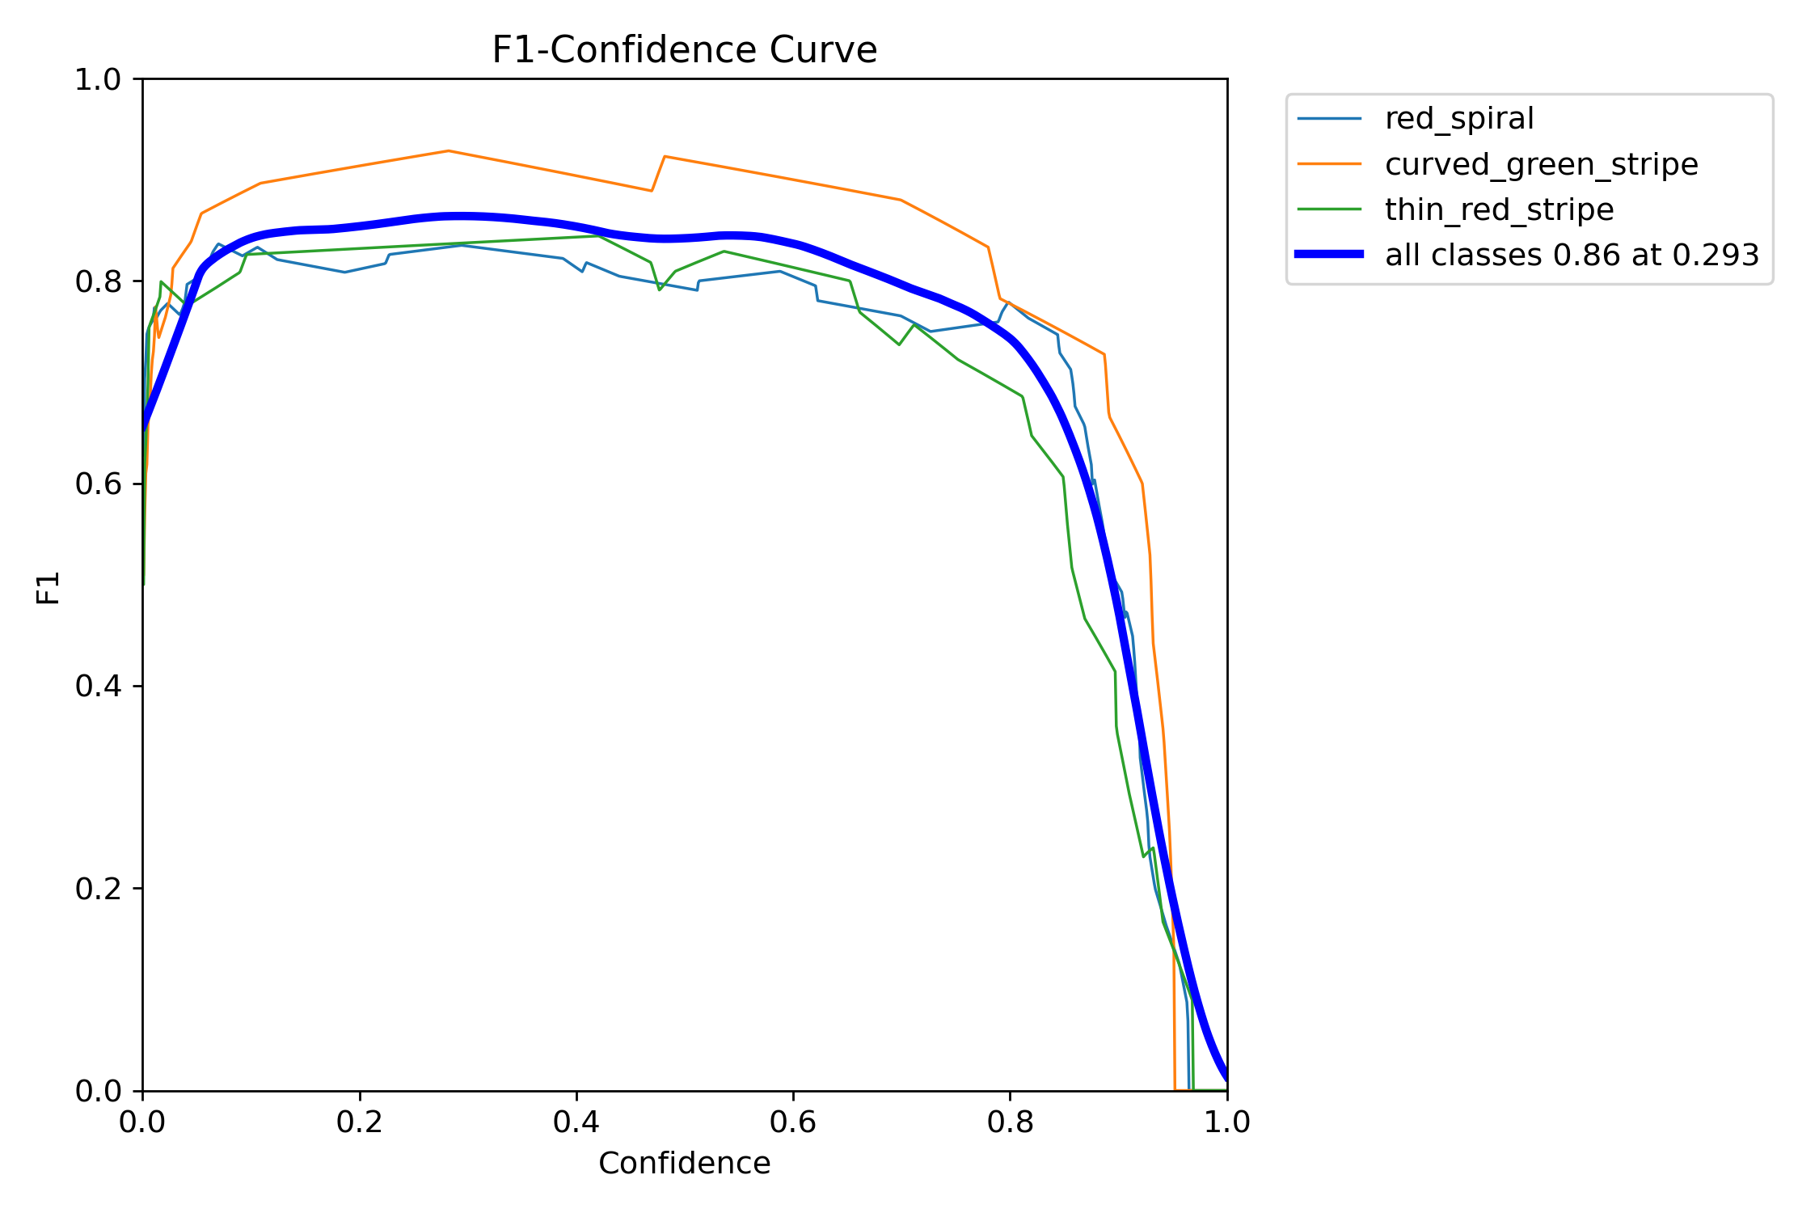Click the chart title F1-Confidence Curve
[x=684, y=50]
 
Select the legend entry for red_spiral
[x=1458, y=119]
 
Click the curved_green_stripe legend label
[x=1541, y=164]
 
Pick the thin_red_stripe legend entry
[x=1499, y=209]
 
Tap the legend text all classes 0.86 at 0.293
[x=1572, y=255]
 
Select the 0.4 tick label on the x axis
[x=576, y=1122]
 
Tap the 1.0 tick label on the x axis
[x=1226, y=1122]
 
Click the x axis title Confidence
[x=684, y=1164]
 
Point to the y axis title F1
[x=49, y=588]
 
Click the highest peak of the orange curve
[x=448, y=151]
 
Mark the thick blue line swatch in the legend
[x=1329, y=255]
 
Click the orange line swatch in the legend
[x=1329, y=164]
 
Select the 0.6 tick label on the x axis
[x=793, y=1122]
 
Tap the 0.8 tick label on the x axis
[x=1010, y=1122]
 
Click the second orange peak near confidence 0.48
[x=664, y=156]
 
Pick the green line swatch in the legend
[x=1329, y=209]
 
